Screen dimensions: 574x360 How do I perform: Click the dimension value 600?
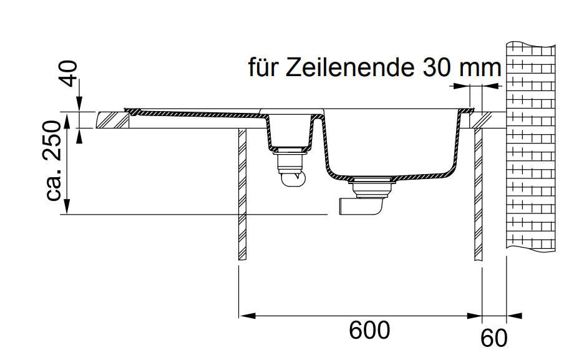click(x=369, y=330)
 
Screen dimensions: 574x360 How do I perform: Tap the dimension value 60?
click(x=494, y=338)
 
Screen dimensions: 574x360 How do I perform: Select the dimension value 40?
click(x=68, y=74)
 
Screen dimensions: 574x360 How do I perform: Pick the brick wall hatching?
click(x=530, y=146)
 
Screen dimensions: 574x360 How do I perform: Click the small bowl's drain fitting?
click(x=290, y=167)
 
